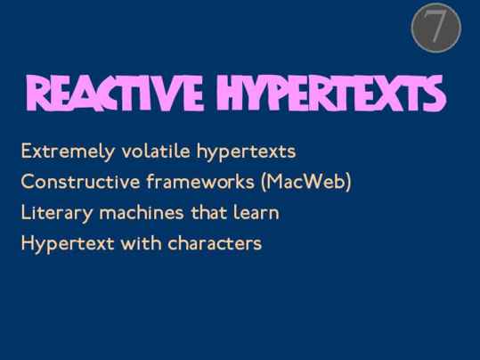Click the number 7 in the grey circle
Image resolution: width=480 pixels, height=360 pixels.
[436, 27]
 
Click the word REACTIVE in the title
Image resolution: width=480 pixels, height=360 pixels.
[115, 93]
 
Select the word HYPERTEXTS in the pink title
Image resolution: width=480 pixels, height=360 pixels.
[331, 93]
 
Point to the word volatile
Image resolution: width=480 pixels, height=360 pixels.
[156, 151]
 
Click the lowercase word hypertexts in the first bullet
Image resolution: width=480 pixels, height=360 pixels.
[246, 152]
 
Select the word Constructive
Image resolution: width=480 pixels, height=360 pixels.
[80, 182]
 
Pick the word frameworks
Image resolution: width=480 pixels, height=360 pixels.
[200, 182]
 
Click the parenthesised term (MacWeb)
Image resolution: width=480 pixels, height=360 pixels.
[306, 182]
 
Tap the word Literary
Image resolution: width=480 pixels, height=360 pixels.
[57, 213]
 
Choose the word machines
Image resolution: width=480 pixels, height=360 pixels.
[142, 212]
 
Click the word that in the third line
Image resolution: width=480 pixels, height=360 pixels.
[208, 212]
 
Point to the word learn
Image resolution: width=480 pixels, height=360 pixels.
[256, 212]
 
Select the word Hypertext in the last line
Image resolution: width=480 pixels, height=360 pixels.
[68, 244]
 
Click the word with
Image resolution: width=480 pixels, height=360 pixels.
[141, 243]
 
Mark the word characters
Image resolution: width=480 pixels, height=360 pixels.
[215, 243]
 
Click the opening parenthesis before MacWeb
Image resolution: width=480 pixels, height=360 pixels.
[264, 182]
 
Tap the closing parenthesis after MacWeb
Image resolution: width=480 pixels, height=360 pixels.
[348, 182]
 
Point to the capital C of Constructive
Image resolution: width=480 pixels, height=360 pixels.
[28, 182]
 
